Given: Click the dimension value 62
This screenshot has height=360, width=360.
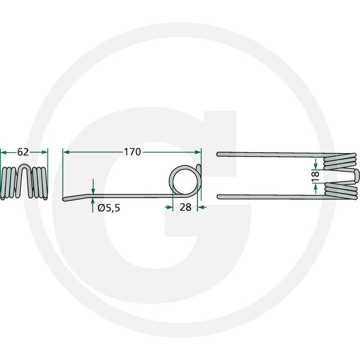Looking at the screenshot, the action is pyautogui.click(x=23, y=152).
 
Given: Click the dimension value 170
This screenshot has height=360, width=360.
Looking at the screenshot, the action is pyautogui.click(x=132, y=152).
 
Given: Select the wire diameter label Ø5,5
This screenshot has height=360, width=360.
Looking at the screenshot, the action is pyautogui.click(x=109, y=208).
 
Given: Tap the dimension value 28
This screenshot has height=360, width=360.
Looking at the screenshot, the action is pyautogui.click(x=185, y=207).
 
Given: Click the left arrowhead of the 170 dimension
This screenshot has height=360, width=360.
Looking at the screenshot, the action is pyautogui.click(x=66, y=152).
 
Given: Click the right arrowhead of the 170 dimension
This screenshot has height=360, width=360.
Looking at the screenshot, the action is pyautogui.click(x=198, y=152).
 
